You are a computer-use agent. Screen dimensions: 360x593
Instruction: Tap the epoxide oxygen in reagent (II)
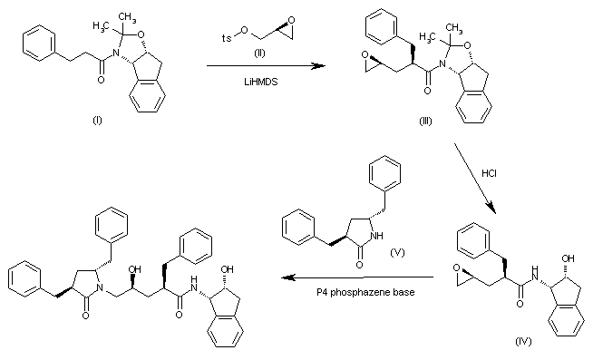[x=283, y=26]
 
